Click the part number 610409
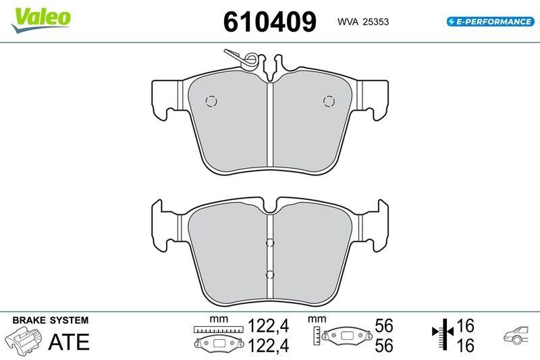coord(270,22)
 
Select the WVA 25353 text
coord(362,22)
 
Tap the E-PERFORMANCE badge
coord(490,22)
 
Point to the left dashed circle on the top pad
coord(211,101)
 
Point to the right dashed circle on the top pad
coord(329,101)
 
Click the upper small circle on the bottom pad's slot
coord(270,243)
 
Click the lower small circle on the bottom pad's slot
coord(270,274)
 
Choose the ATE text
coord(68,342)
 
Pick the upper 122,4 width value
coord(269,326)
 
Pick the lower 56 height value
coord(383,345)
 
